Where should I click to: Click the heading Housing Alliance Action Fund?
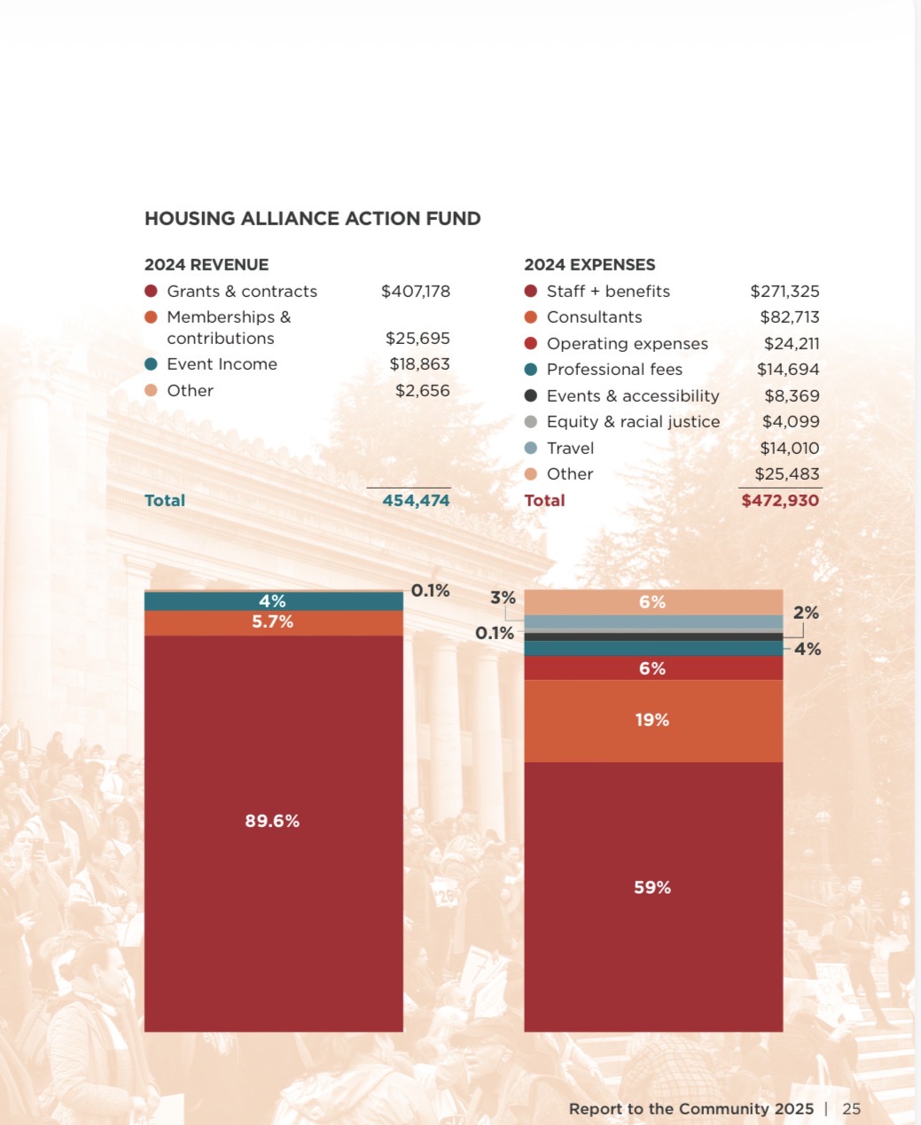tap(312, 219)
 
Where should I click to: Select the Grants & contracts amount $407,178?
tap(415, 292)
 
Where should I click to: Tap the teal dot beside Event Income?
tap(151, 364)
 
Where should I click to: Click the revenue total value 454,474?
tap(416, 501)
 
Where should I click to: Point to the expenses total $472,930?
tap(780, 501)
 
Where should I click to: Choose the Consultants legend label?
tap(594, 317)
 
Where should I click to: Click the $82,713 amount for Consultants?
tap(789, 317)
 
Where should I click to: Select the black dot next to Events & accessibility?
tap(531, 396)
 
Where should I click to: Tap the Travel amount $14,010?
tap(789, 449)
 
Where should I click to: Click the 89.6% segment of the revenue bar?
tap(273, 822)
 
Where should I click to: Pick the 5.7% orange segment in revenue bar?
tap(273, 622)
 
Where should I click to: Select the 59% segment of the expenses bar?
tap(652, 887)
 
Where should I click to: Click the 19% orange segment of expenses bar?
tap(652, 720)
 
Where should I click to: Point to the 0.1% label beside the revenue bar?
tap(430, 590)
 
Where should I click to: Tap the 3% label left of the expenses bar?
tap(503, 598)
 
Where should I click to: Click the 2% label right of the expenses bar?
tap(806, 613)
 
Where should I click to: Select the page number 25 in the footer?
tap(851, 1109)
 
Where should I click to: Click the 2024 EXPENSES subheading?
tap(589, 265)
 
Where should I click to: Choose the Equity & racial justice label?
tap(633, 422)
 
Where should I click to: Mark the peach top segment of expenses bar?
tap(652, 602)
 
